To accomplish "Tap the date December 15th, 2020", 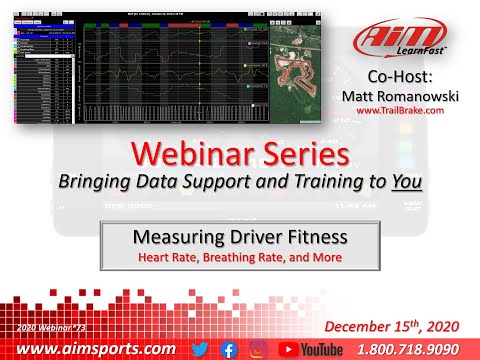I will [x=397, y=326].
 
